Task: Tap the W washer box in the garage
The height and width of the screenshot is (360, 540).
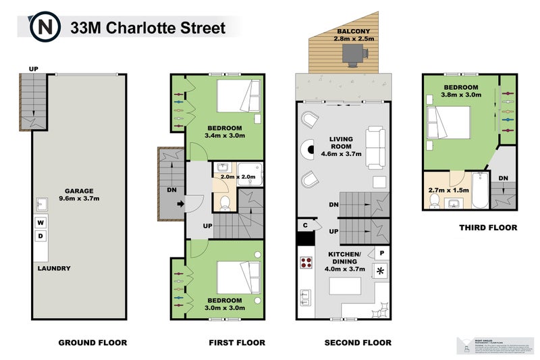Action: [x=40, y=222]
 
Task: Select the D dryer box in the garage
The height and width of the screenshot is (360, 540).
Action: [x=40, y=236]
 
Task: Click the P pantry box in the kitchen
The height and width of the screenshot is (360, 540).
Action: [x=382, y=253]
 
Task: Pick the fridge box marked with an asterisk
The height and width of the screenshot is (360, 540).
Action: [x=381, y=272]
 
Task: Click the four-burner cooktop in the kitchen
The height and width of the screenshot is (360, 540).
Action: [x=306, y=263]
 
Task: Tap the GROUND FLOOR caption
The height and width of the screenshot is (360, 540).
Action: [x=92, y=342]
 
